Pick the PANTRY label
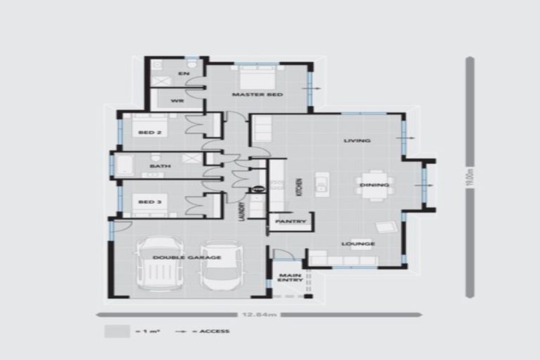click(290, 221)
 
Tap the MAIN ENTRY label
click(290, 277)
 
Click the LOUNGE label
click(359, 244)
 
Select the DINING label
click(370, 185)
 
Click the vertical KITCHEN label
click(299, 186)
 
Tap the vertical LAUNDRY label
click(240, 210)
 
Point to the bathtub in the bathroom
click(125, 166)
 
